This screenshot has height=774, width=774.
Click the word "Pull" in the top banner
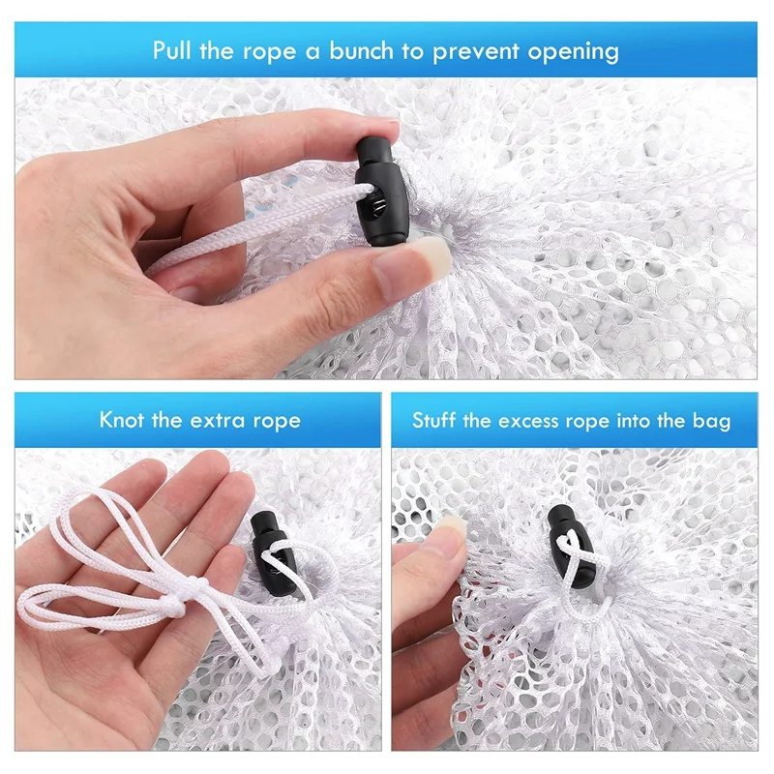click(x=171, y=50)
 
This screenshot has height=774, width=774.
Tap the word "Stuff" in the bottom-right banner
click(x=433, y=421)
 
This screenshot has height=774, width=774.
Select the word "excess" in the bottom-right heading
click(x=527, y=422)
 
